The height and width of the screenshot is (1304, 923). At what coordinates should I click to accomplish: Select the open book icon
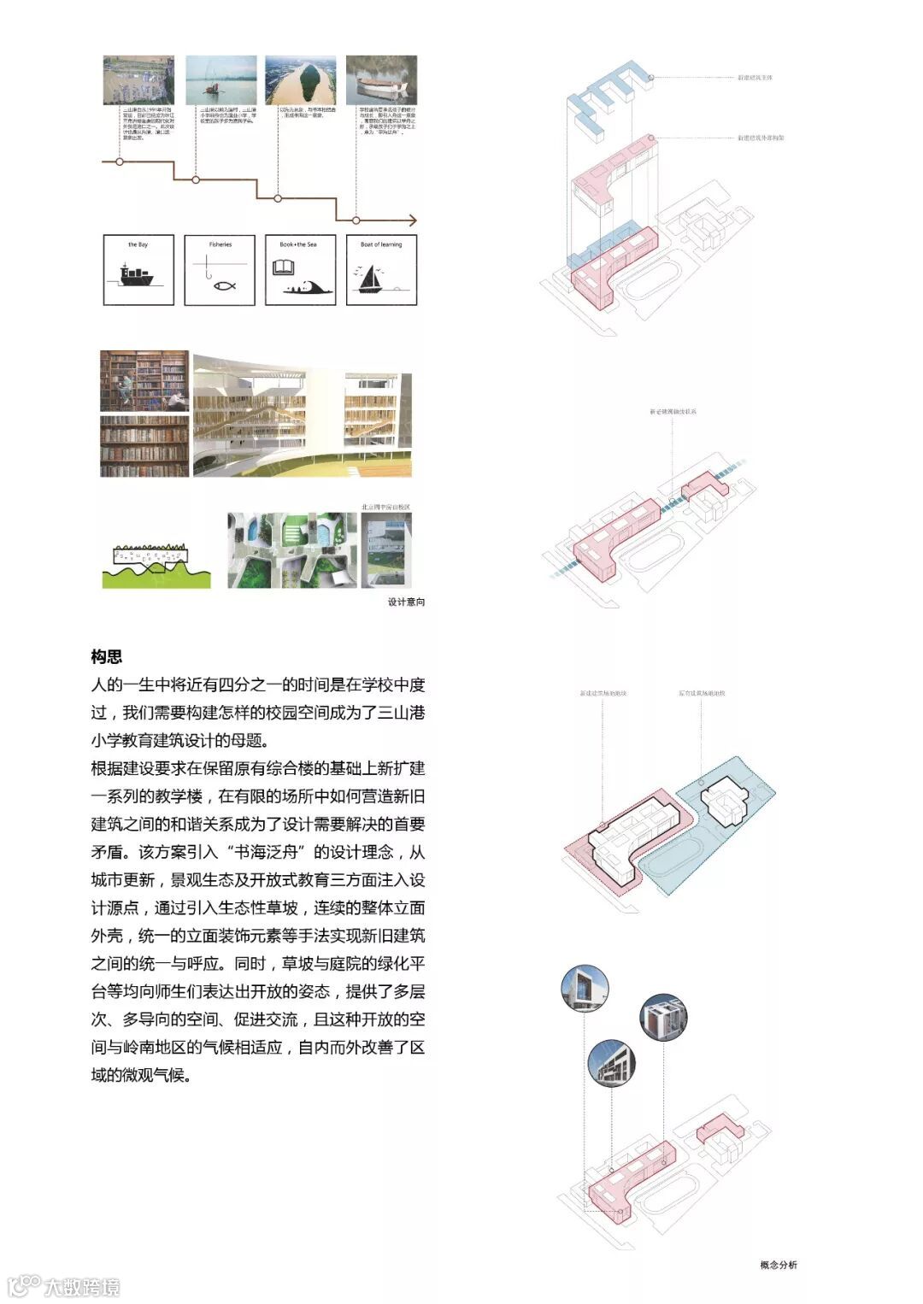tap(283, 268)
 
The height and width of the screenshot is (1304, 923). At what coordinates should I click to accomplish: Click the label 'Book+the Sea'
tap(297, 245)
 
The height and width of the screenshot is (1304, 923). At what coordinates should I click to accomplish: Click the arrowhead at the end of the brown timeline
tap(414, 220)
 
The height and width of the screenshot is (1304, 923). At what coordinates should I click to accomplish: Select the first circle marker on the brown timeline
tap(119, 161)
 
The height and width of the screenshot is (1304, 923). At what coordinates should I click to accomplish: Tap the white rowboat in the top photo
tap(381, 85)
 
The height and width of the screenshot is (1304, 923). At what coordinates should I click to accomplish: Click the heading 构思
tap(106, 656)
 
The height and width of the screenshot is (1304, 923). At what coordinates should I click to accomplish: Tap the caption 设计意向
tap(406, 602)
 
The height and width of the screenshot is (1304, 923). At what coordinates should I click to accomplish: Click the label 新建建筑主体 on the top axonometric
tap(755, 78)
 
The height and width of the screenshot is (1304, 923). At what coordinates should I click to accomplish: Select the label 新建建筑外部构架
tap(761, 138)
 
